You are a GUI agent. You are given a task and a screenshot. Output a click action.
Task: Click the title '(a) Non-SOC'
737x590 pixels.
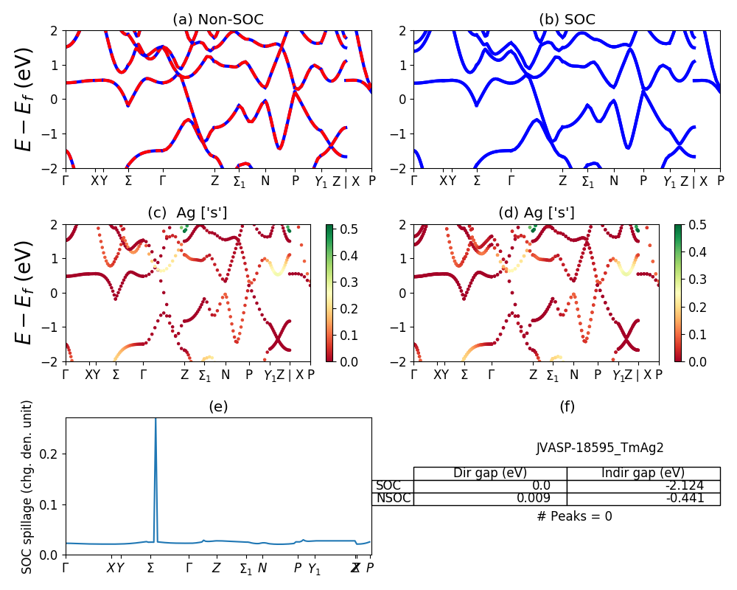click(218, 20)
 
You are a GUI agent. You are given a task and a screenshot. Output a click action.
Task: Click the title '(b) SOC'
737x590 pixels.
click(567, 20)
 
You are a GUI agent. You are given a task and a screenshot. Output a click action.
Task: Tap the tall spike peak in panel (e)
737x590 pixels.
click(155, 421)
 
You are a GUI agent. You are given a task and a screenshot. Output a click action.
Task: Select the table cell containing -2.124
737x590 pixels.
click(643, 485)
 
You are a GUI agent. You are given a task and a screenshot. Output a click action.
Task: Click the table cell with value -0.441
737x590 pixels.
click(643, 498)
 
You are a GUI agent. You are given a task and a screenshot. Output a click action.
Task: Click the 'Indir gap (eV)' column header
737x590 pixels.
click(643, 473)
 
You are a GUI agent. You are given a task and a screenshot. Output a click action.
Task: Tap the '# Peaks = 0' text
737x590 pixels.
click(574, 516)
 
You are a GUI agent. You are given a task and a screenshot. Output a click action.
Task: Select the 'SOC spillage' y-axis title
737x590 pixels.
click(27, 487)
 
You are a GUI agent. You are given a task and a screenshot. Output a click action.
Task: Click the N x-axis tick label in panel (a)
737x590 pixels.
click(265, 181)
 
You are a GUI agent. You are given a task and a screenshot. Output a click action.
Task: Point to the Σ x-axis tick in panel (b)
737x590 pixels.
click(477, 181)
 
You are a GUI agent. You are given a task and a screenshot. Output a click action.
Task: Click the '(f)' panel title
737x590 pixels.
click(567, 406)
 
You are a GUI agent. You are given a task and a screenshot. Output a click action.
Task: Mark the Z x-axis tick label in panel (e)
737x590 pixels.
click(216, 568)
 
